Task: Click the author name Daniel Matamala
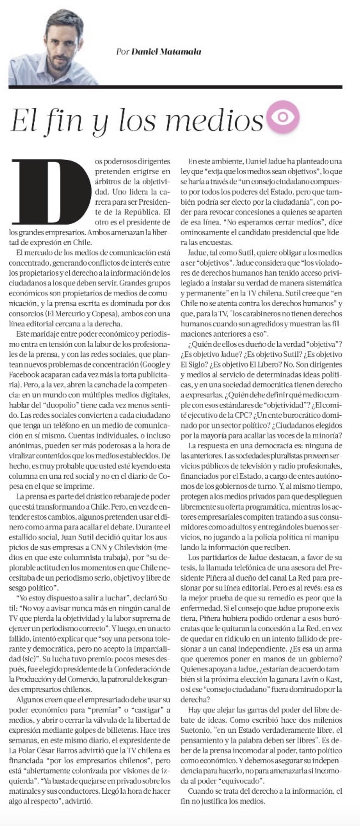click(x=166, y=52)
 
